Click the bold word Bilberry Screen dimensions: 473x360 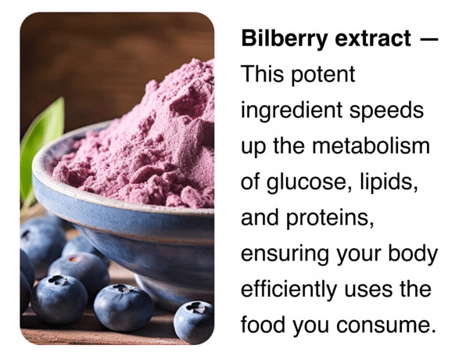click(284, 39)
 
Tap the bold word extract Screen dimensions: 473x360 click(373, 38)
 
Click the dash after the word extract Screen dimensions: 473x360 click(429, 39)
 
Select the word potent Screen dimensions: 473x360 click(324, 75)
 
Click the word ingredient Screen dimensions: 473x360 click(292, 110)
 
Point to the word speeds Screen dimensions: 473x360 click(386, 110)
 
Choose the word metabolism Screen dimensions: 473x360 click(371, 146)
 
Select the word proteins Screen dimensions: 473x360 click(330, 218)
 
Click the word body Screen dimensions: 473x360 click(413, 254)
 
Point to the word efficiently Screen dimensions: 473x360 click(289, 290)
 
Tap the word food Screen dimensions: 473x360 click(263, 324)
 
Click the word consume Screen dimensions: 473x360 click(386, 326)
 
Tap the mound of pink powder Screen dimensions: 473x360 click(142, 145)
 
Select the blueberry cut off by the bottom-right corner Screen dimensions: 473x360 click(194, 322)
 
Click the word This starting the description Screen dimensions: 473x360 click(262, 74)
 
